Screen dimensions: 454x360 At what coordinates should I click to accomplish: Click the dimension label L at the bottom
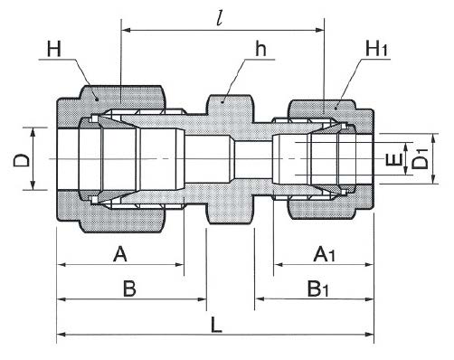(x=216, y=325)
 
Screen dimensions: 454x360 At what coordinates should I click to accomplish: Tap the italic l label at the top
(x=220, y=19)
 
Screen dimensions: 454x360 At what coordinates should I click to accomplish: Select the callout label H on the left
(x=54, y=50)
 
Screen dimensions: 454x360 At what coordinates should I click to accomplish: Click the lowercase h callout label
(x=260, y=49)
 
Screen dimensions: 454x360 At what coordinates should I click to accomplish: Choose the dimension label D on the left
(x=21, y=160)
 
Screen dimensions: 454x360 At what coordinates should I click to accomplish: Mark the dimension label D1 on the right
(x=420, y=160)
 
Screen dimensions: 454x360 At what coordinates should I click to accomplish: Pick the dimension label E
(x=393, y=159)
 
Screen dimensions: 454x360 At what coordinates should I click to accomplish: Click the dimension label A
(x=120, y=254)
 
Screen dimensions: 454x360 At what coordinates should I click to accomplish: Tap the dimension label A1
(x=324, y=254)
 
